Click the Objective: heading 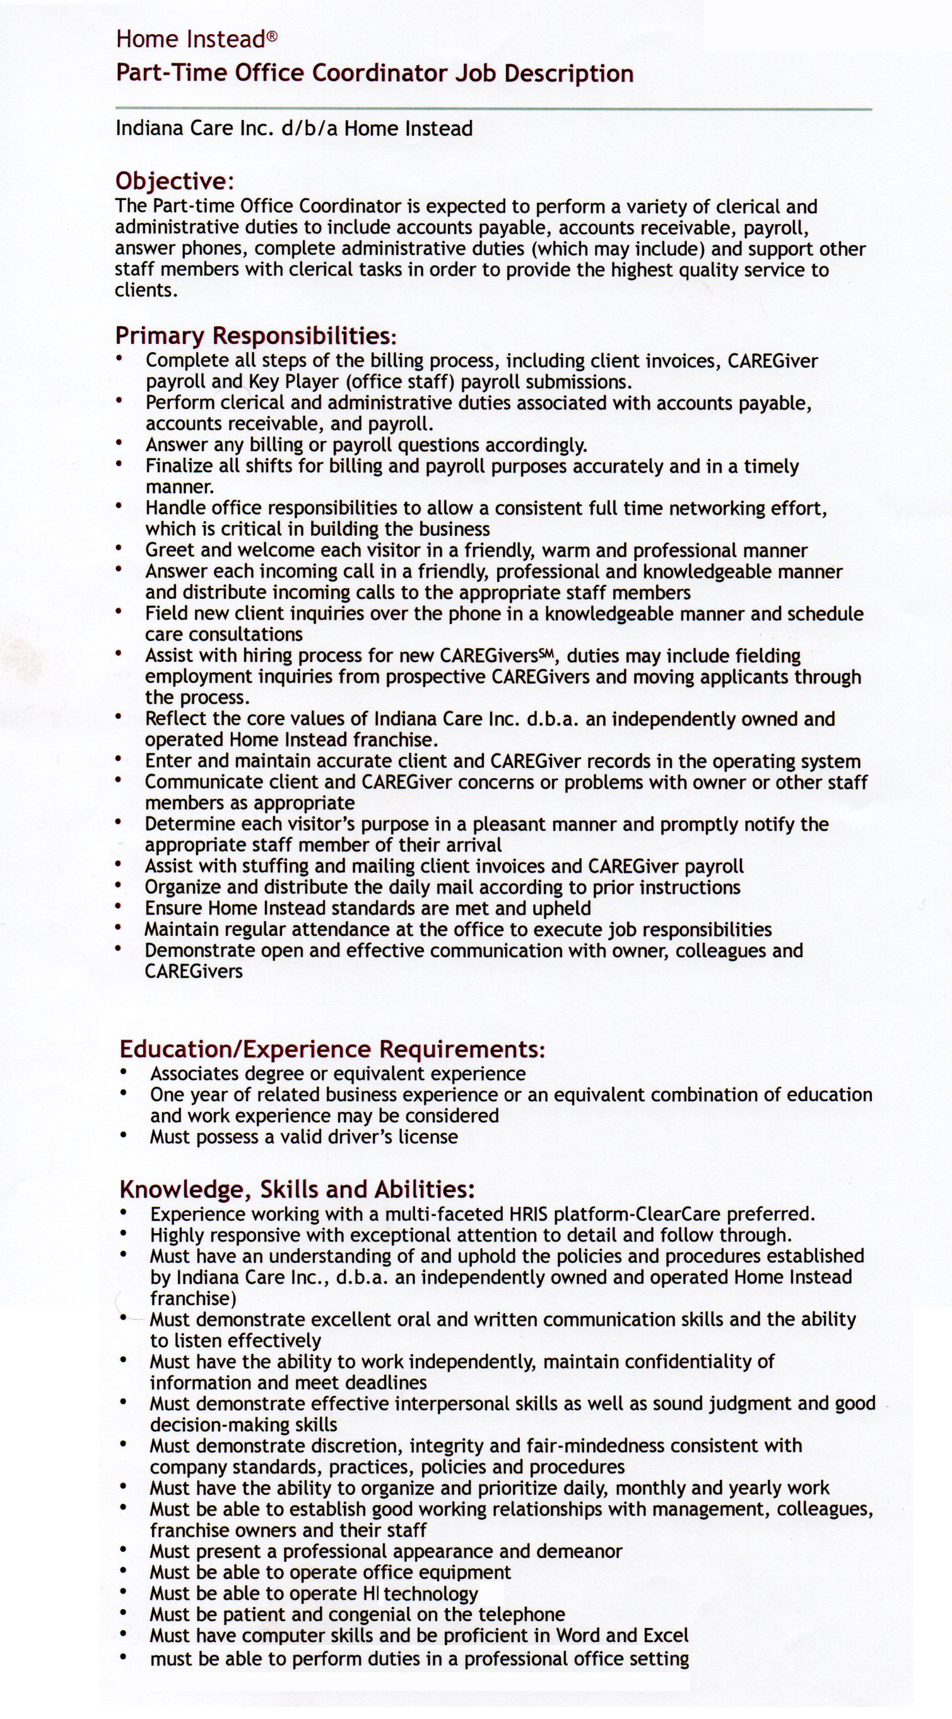coord(175,181)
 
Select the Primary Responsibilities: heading coord(256,335)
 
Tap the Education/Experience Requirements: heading coord(332,1049)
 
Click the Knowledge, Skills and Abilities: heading coord(297,1189)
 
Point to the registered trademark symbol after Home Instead coord(272,37)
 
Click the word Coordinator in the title coord(380,73)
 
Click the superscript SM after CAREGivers coord(548,653)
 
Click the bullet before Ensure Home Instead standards coord(118,907)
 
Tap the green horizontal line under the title coord(494,108)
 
